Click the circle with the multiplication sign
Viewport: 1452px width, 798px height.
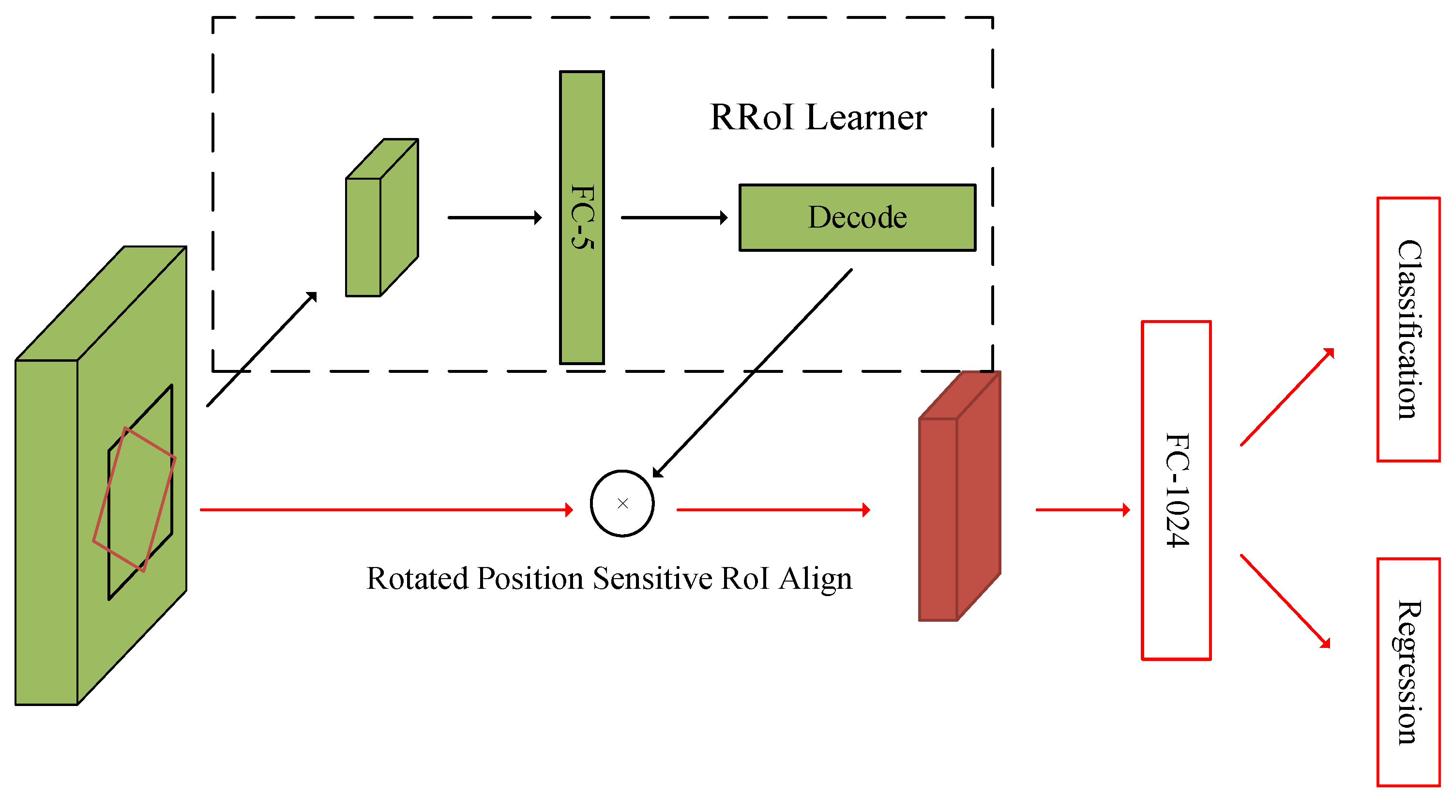pos(622,503)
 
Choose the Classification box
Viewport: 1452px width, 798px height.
pos(1408,329)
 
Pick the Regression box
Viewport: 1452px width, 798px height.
pos(1408,671)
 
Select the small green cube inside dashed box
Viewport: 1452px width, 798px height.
pos(380,220)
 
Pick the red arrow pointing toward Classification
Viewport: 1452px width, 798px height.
pos(1287,398)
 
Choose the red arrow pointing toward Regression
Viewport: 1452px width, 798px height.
pos(1285,600)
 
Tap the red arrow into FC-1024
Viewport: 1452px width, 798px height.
pos(1082,510)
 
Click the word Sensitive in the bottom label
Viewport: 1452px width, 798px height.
pos(652,578)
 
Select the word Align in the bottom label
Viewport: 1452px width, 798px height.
pos(815,578)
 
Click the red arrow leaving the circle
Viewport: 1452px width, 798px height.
pos(772,510)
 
